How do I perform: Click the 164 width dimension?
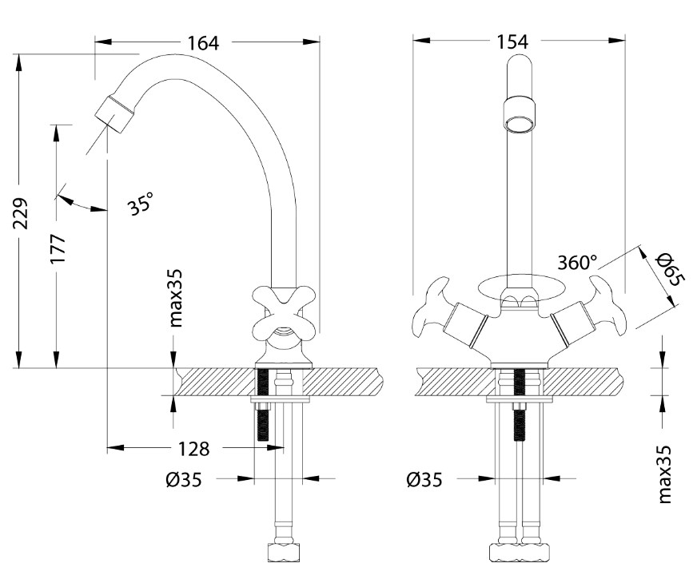(203, 43)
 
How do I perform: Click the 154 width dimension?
(512, 42)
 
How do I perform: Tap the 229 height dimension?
(20, 213)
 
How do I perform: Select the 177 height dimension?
(58, 249)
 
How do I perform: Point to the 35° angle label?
(141, 203)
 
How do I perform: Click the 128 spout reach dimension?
(193, 449)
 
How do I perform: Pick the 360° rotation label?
(577, 262)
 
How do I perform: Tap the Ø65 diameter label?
(669, 269)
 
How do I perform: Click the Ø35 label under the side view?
(184, 480)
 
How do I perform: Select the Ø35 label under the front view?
(424, 480)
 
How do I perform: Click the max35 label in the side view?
(176, 298)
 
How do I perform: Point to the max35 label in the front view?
(664, 474)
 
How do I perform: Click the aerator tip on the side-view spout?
(116, 114)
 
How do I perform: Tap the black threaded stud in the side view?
(262, 405)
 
